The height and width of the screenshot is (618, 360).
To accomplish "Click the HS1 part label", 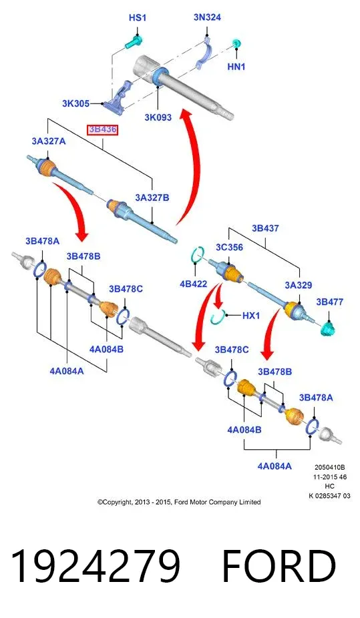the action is coord(138,18).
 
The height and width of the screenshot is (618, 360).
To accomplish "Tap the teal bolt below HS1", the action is coord(134,41).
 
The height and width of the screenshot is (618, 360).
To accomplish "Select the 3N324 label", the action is coord(207,17).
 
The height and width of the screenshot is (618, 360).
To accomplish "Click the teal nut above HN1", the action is coord(237,43).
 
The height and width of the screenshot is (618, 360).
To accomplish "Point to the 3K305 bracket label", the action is coord(75,103).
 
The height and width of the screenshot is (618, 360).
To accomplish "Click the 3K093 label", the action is coord(158,117).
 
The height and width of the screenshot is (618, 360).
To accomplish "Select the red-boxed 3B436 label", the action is coord(102,129).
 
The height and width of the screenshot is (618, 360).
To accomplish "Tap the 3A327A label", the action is coord(49,141).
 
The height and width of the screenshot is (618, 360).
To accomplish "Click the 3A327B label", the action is coord(152,198).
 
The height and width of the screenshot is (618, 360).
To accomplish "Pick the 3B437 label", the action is coord(265,228).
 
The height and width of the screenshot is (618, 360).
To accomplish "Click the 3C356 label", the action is coord(229,248).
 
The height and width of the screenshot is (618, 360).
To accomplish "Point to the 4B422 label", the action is coord(193,284).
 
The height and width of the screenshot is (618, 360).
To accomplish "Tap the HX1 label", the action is coord(250,315).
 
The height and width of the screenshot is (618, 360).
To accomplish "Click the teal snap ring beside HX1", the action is coord(217,318).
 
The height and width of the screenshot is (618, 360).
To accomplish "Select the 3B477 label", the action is coord(330,302).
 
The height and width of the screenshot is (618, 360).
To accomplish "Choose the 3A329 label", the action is coord(299,285).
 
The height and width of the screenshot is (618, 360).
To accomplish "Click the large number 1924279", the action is coord(96,566).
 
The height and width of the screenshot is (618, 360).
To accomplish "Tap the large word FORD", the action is coord(279,566).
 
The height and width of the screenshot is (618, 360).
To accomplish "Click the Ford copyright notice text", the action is coord(179,502).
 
